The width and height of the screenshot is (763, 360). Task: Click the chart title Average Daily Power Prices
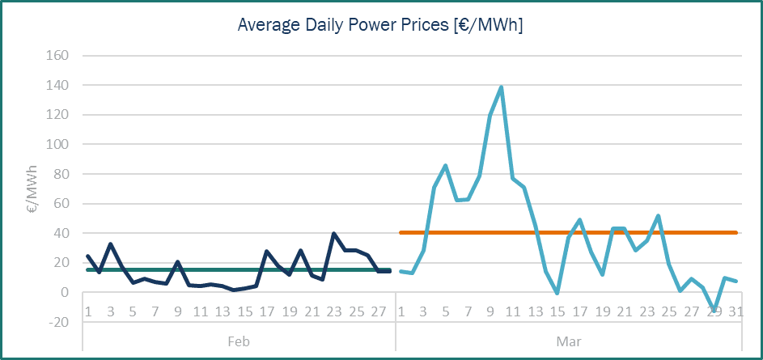pos(380,25)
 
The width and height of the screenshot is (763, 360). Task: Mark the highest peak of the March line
pos(502,87)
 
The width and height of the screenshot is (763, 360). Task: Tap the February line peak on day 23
pos(333,234)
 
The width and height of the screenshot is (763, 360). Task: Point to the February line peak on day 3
pos(110,244)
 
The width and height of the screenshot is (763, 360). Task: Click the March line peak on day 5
pos(445,166)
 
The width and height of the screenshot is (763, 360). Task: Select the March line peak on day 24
pos(659,216)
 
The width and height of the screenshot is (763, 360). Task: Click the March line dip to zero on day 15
pos(557,293)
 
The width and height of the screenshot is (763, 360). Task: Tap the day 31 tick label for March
pos(736,312)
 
